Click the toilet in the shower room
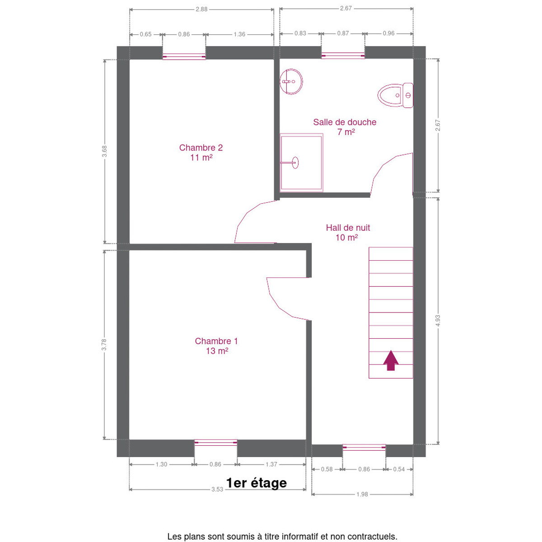395,95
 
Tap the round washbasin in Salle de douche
291,82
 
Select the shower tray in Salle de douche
301,163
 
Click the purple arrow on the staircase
391,360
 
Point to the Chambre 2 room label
201,153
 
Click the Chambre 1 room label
216,346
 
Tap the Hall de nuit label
348,232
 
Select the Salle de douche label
345,127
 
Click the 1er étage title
256,483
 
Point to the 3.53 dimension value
217,490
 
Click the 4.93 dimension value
438,321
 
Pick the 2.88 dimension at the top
201,9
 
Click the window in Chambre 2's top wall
184,56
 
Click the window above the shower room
343,56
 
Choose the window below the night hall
364,448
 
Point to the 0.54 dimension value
399,469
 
